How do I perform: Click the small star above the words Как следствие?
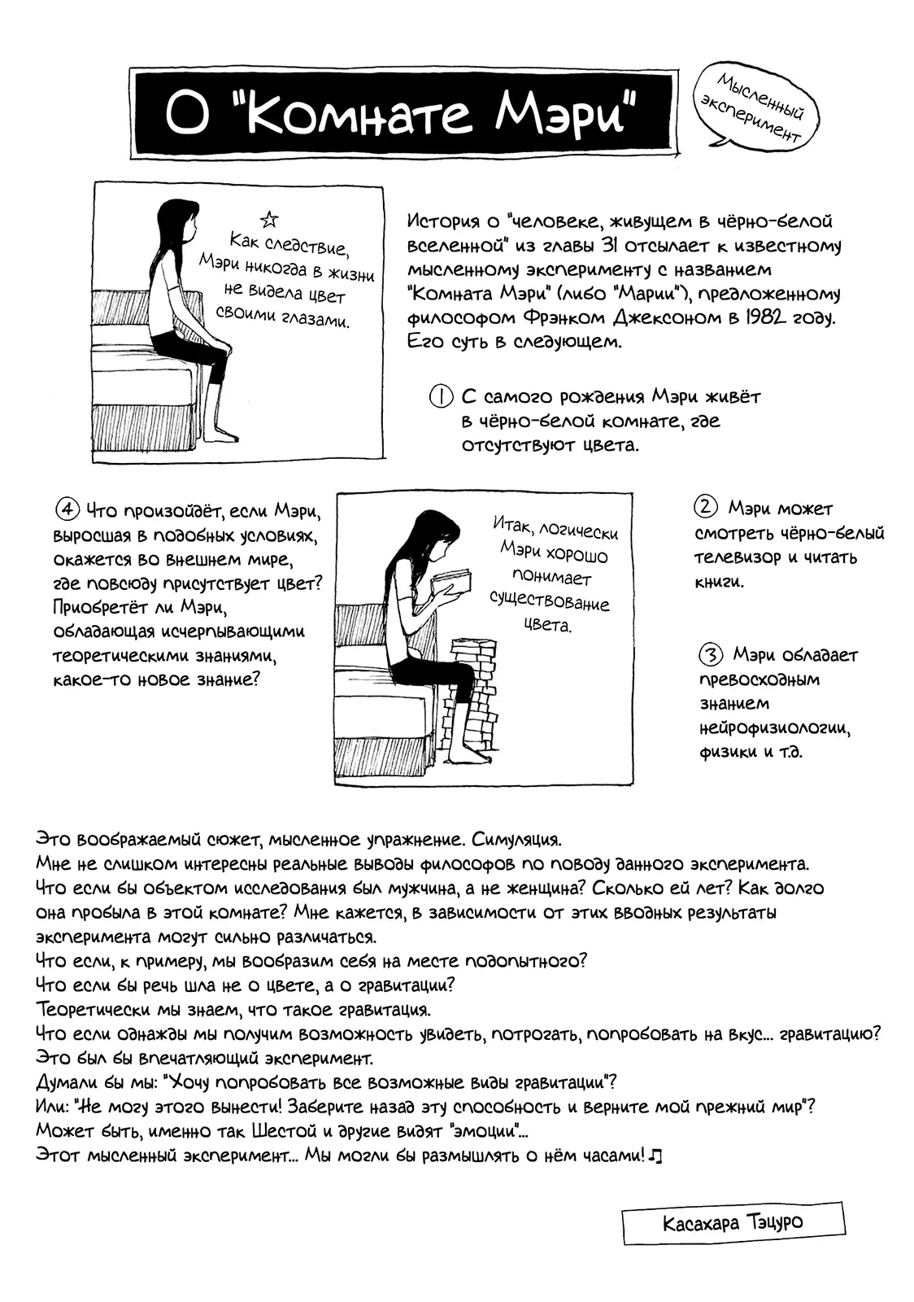click(268, 219)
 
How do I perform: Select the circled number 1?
click(440, 397)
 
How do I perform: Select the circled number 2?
click(705, 507)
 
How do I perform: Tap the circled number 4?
click(67, 510)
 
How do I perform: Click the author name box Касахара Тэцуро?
click(733, 1223)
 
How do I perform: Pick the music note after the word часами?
click(657, 1156)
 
